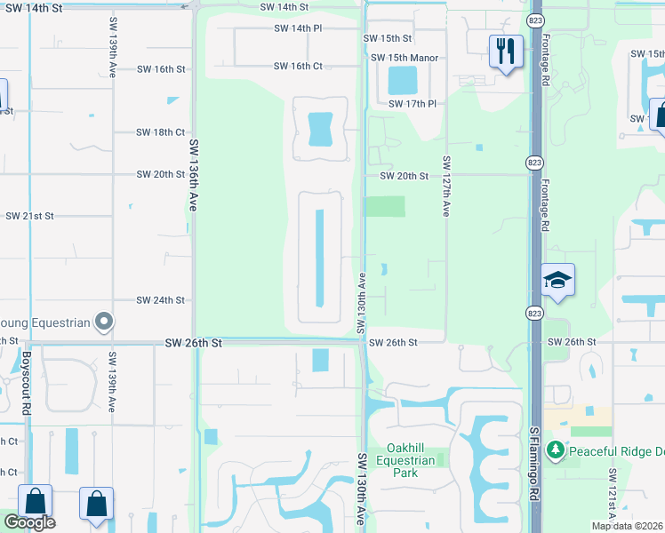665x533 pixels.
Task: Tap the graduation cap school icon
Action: click(x=557, y=281)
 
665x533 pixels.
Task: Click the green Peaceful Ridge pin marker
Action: click(x=556, y=450)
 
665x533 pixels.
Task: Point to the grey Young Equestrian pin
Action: click(x=104, y=322)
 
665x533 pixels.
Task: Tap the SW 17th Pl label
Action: click(x=413, y=104)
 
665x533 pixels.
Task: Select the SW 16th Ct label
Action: click(x=298, y=66)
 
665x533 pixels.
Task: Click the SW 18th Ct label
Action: click(x=160, y=132)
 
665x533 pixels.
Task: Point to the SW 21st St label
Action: click(x=30, y=216)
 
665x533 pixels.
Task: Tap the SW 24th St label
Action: click(x=160, y=300)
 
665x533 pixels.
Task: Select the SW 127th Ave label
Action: click(x=446, y=187)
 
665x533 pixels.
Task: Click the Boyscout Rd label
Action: click(x=27, y=384)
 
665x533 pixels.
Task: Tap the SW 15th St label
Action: click(x=388, y=38)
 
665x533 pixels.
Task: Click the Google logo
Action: click(x=29, y=523)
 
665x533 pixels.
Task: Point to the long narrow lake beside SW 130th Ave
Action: click(x=319, y=256)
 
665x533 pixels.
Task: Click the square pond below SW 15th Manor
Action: click(x=402, y=82)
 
